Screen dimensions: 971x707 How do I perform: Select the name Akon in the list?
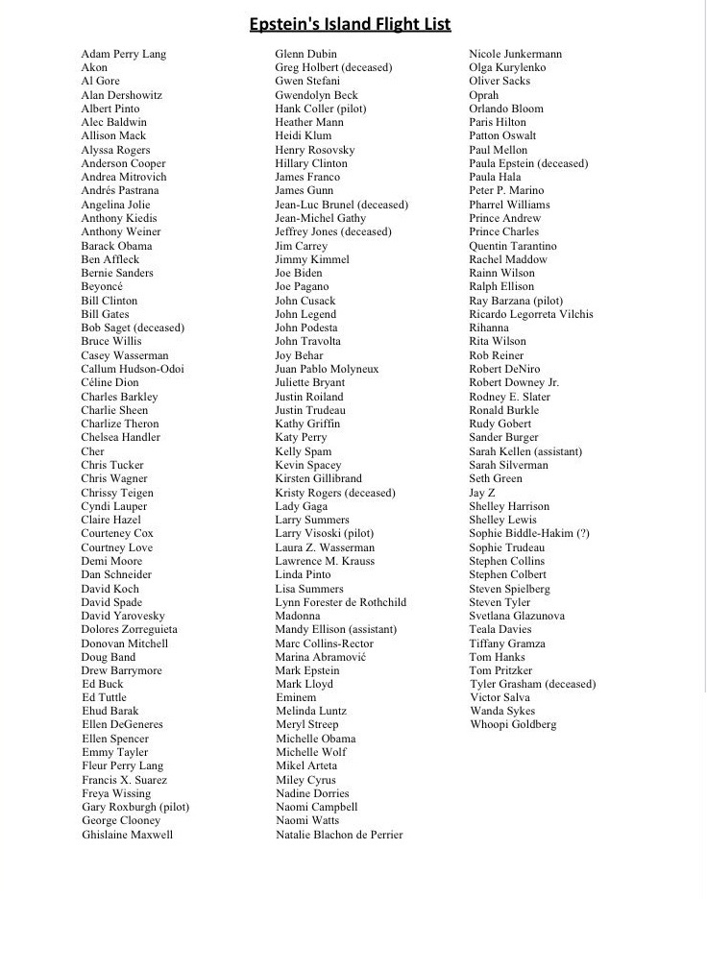click(x=94, y=68)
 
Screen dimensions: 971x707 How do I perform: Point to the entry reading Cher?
click(x=92, y=451)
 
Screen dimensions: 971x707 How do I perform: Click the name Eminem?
click(x=296, y=697)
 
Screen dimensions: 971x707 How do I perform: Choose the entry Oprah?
click(x=484, y=95)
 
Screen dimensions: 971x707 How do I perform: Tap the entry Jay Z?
click(x=482, y=493)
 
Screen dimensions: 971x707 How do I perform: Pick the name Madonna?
click(x=298, y=616)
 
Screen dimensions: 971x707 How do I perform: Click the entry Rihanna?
click(x=489, y=328)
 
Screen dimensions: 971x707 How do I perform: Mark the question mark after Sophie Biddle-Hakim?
click(x=583, y=534)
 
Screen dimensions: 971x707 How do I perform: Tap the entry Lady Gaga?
click(x=302, y=506)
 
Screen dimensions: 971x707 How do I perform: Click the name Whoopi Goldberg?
click(x=513, y=725)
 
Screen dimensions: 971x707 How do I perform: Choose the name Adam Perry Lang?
click(x=124, y=54)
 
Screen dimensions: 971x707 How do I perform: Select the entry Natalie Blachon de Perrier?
click(x=339, y=835)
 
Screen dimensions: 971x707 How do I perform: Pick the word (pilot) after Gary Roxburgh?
click(x=173, y=807)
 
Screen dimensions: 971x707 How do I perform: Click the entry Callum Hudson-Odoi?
click(x=133, y=369)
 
